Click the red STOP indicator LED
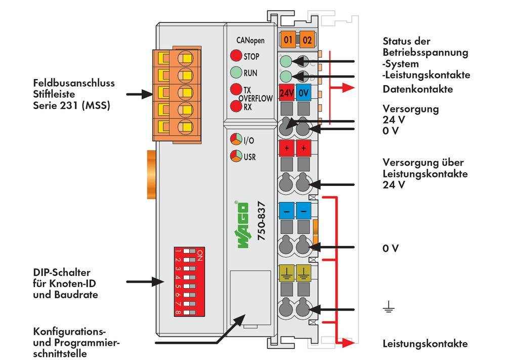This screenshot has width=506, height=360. pyautogui.click(x=236, y=56)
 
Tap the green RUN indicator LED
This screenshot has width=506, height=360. pyautogui.click(x=236, y=72)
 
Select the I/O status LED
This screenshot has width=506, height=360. pyautogui.click(x=236, y=140)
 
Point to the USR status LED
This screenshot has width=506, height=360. pyautogui.click(x=236, y=156)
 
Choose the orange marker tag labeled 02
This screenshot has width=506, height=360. pyautogui.click(x=306, y=39)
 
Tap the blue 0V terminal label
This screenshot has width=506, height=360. pyautogui.click(x=304, y=94)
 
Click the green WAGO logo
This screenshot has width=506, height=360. pyautogui.click(x=243, y=225)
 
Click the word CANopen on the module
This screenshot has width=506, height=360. pyautogui.click(x=250, y=40)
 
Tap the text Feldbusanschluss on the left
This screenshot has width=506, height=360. pyautogui.click(x=74, y=83)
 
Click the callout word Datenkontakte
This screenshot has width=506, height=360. pyautogui.click(x=417, y=89)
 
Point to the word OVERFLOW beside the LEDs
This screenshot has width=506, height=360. pyautogui.click(x=256, y=99)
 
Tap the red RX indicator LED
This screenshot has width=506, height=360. pyautogui.click(x=236, y=106)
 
